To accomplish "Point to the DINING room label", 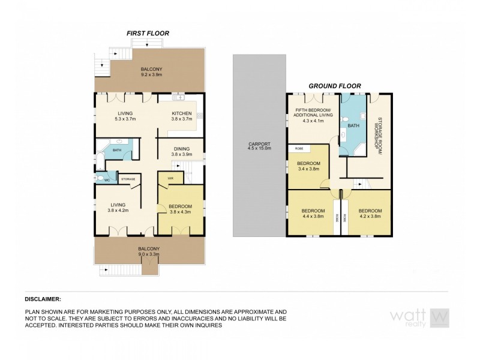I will tap(181, 149).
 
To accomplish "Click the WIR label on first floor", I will tap(170, 178).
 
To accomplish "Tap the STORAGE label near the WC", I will tap(128, 179).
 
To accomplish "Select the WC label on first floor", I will tap(107, 179).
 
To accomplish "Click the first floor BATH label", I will tap(117, 151).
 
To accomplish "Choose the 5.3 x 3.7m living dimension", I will tap(125, 118).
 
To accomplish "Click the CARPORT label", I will tap(260, 143).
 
